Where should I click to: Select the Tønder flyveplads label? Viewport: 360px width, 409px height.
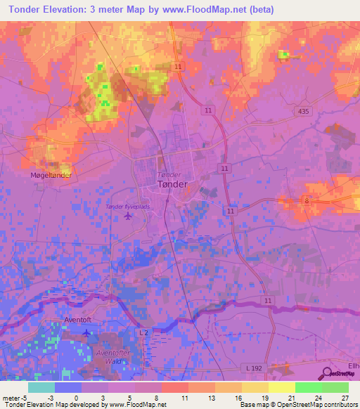click(x=127, y=206)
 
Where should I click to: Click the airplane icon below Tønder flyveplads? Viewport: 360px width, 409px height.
click(x=127, y=216)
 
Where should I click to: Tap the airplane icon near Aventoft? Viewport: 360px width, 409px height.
click(x=86, y=332)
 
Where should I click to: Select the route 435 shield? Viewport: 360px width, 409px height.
click(x=303, y=112)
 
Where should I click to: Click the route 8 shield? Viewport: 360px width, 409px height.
click(x=307, y=201)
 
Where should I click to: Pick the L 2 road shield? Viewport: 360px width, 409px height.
click(x=143, y=332)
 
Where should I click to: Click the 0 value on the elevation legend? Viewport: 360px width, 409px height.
click(x=76, y=397)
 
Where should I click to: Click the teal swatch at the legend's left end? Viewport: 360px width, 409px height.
click(x=41, y=387)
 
